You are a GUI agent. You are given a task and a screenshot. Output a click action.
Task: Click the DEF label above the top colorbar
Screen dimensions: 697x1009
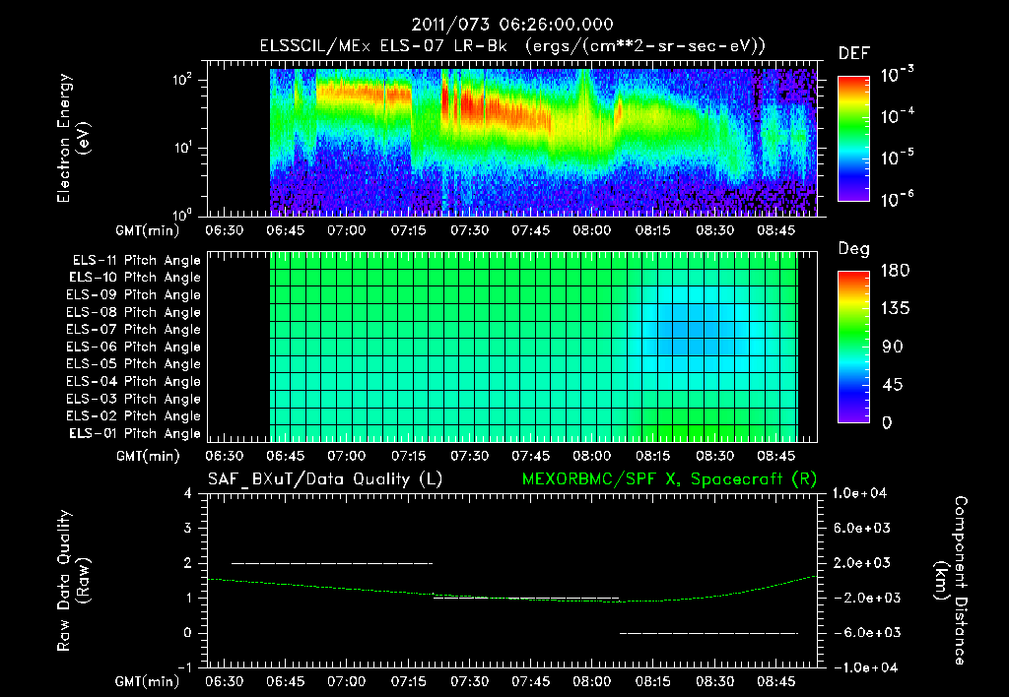pyautogui.click(x=853, y=53)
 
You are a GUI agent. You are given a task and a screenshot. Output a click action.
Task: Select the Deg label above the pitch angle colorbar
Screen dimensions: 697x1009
pyautogui.click(x=853, y=249)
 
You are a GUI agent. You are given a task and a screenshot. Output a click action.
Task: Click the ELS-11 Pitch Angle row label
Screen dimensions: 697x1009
pyautogui.click(x=135, y=261)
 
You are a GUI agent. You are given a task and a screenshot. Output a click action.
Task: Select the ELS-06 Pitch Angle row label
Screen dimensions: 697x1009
pyautogui.click(x=135, y=347)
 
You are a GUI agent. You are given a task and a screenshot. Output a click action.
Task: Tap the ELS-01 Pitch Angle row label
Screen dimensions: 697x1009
pyautogui.click(x=135, y=433)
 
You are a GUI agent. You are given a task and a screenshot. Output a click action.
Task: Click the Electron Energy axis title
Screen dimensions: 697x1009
pyautogui.click(x=73, y=138)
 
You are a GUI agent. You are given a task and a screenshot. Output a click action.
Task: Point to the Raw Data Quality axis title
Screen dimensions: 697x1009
pyautogui.click(x=73, y=581)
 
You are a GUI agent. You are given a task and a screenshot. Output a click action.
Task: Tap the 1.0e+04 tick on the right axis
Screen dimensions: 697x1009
pyautogui.click(x=862, y=493)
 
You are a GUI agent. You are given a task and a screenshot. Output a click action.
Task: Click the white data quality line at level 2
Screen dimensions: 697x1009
pyautogui.click(x=331, y=563)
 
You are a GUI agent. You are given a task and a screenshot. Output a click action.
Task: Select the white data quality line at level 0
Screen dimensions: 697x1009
pyautogui.click(x=707, y=633)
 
